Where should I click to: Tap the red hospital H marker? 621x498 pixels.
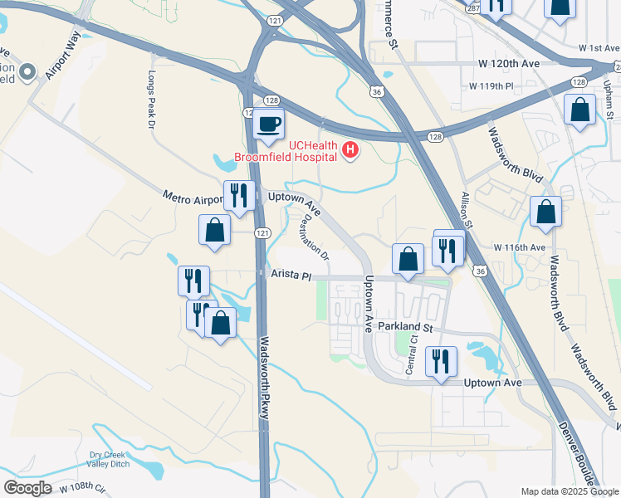(x=351, y=149)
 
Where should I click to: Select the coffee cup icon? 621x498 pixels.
(x=268, y=124)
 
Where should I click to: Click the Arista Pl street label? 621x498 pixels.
(x=290, y=274)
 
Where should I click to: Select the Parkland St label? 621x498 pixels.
(x=406, y=328)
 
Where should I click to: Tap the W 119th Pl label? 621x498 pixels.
(x=491, y=85)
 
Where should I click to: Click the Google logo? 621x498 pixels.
(x=27, y=487)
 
